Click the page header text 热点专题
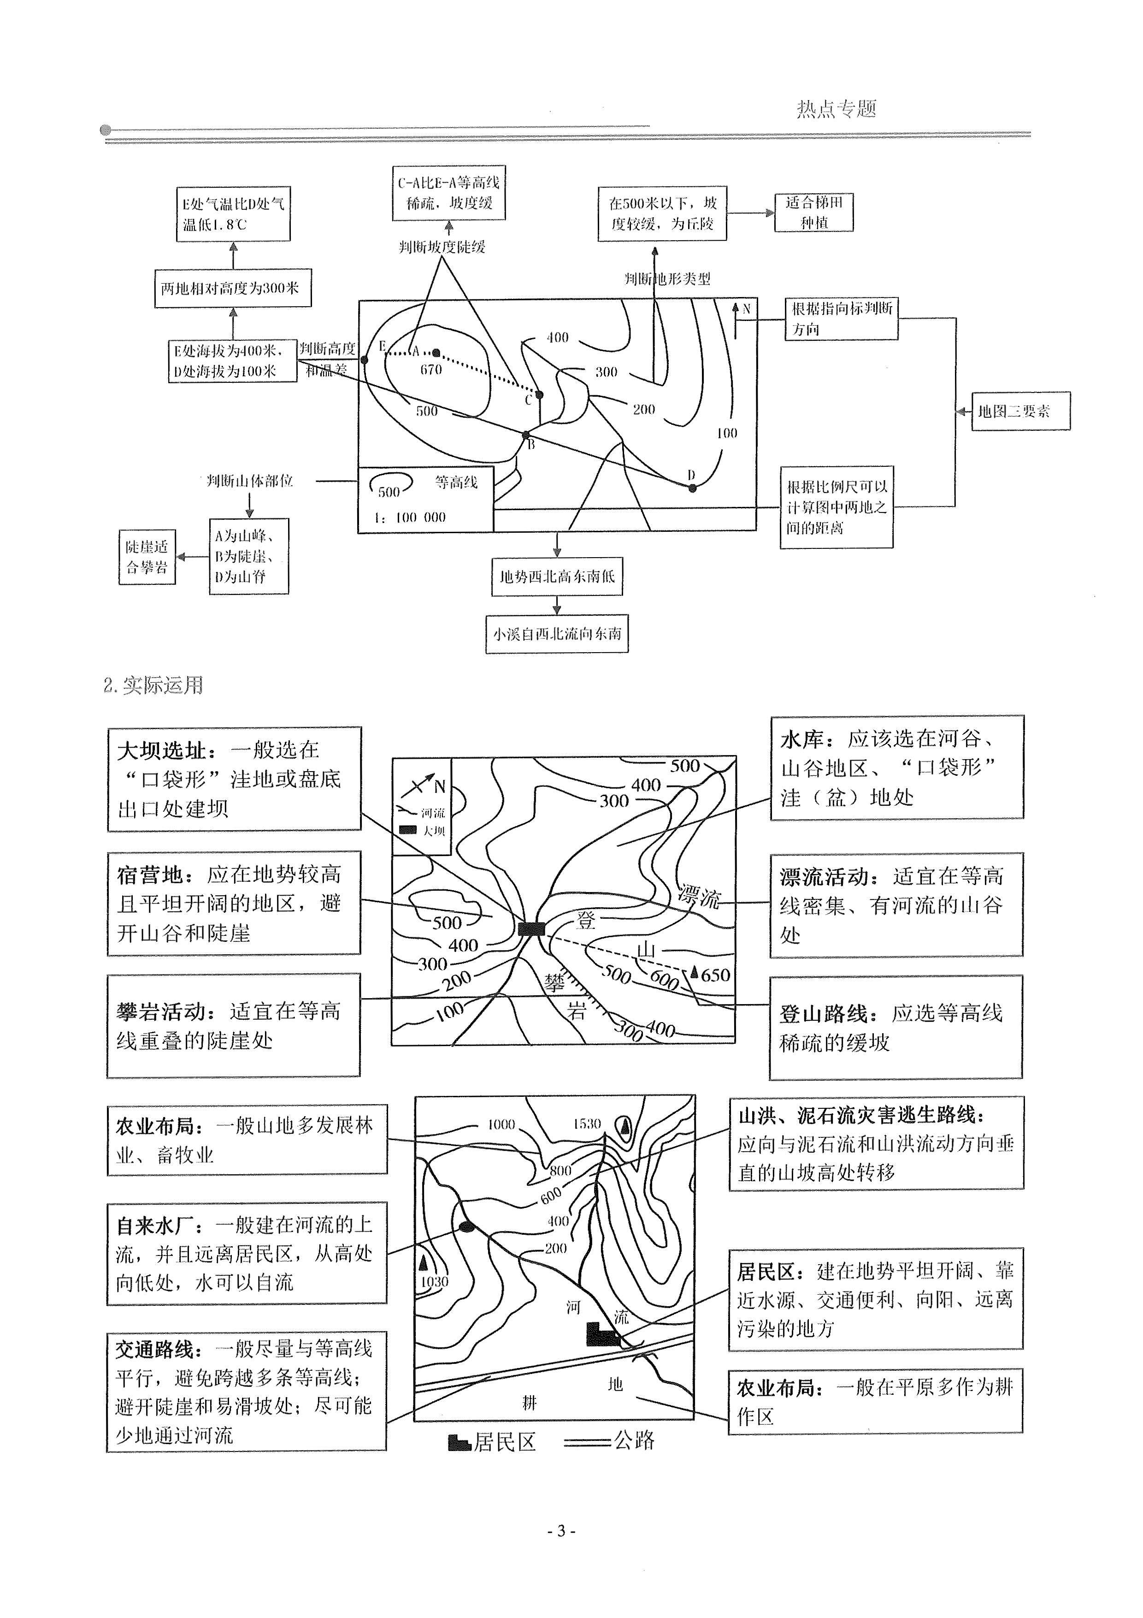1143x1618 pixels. tap(836, 108)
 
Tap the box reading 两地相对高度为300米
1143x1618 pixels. tap(232, 288)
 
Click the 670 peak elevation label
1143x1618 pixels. tap(430, 369)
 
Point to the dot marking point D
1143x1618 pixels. tap(692, 487)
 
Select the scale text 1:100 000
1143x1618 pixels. tap(410, 517)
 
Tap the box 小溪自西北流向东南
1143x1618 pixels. tap(556, 634)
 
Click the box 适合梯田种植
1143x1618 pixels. tap(813, 212)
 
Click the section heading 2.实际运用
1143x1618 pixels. tap(153, 685)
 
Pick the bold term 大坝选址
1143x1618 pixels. tap(162, 750)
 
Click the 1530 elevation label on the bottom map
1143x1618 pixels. tap(587, 1124)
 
